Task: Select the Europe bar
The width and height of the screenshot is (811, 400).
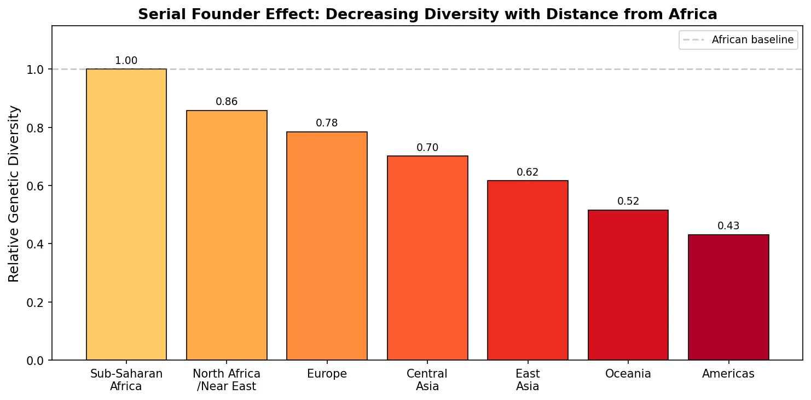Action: [327, 246]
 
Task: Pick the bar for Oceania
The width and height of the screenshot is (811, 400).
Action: [628, 285]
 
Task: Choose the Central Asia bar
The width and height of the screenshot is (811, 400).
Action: [427, 258]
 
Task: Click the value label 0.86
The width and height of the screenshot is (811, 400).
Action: [227, 102]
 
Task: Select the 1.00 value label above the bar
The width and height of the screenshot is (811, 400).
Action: [126, 61]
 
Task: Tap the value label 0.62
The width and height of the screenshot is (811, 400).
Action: [528, 172]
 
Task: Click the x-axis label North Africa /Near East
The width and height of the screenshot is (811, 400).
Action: [227, 380]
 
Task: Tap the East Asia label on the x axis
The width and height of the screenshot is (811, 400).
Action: [528, 380]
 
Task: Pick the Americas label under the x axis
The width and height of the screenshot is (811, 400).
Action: [728, 374]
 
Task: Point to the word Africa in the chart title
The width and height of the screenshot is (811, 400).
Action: [694, 14]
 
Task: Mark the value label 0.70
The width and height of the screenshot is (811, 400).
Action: [427, 147]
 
